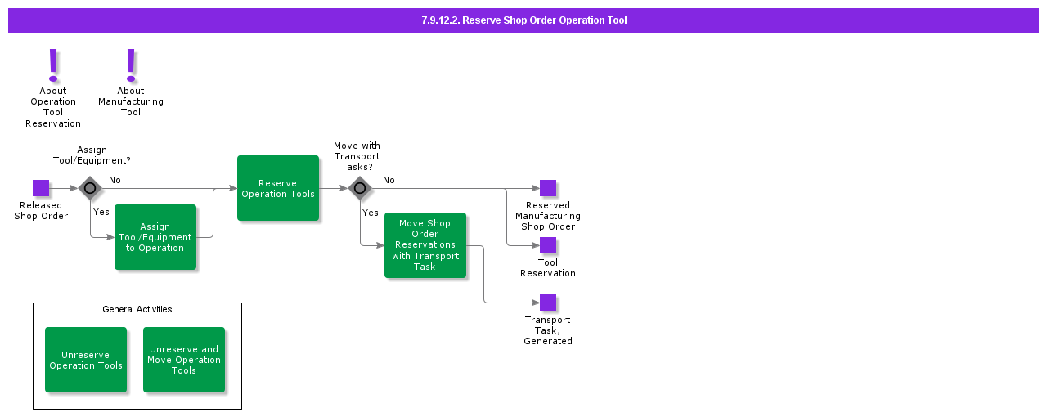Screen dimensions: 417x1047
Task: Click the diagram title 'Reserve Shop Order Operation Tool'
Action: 523,20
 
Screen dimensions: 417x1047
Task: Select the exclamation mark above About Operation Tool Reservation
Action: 53,64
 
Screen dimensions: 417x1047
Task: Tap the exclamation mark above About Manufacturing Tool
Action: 131,64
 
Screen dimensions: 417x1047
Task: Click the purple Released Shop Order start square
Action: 41,188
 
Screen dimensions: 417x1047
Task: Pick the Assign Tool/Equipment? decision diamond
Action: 90,188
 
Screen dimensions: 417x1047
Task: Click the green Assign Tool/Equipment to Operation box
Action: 155,237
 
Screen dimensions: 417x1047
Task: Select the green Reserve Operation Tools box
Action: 278,188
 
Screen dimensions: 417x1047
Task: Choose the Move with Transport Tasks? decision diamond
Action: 360,188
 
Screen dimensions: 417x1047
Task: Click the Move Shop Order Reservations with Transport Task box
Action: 425,245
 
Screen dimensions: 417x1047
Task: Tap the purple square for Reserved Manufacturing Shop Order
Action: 548,188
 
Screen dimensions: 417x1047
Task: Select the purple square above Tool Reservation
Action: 548,245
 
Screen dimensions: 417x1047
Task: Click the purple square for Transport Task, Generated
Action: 548,303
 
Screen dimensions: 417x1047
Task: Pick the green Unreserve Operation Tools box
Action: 86,360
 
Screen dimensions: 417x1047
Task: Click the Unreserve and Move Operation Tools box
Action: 184,360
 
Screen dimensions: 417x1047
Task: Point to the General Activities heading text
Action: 137,309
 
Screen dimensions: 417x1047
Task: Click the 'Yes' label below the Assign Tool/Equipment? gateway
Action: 101,212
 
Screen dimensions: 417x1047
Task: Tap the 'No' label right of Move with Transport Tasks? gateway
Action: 389,180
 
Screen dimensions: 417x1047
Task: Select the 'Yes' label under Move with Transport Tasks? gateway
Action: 371,213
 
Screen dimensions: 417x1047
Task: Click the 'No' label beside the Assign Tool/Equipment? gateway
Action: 115,180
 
